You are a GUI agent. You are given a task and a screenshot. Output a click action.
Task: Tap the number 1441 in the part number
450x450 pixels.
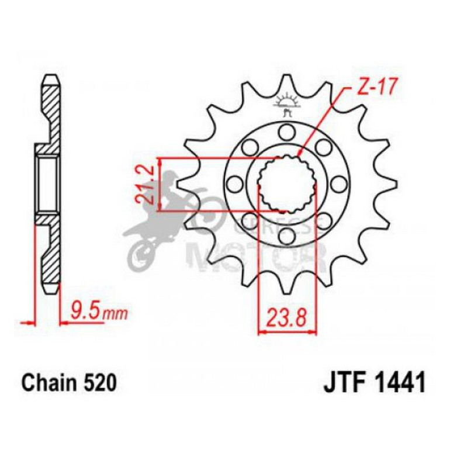pyautogui.click(x=400, y=384)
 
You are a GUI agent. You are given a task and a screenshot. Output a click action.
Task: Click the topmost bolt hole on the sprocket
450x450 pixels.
pyautogui.click(x=286, y=131)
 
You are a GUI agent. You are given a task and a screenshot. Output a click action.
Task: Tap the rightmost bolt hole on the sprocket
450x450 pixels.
pyautogui.click(x=338, y=184)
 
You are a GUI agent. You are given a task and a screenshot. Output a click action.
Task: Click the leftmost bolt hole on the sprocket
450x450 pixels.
pyautogui.click(x=235, y=184)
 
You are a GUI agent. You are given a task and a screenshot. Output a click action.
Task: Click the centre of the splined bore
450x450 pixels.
pyautogui.click(x=286, y=184)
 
